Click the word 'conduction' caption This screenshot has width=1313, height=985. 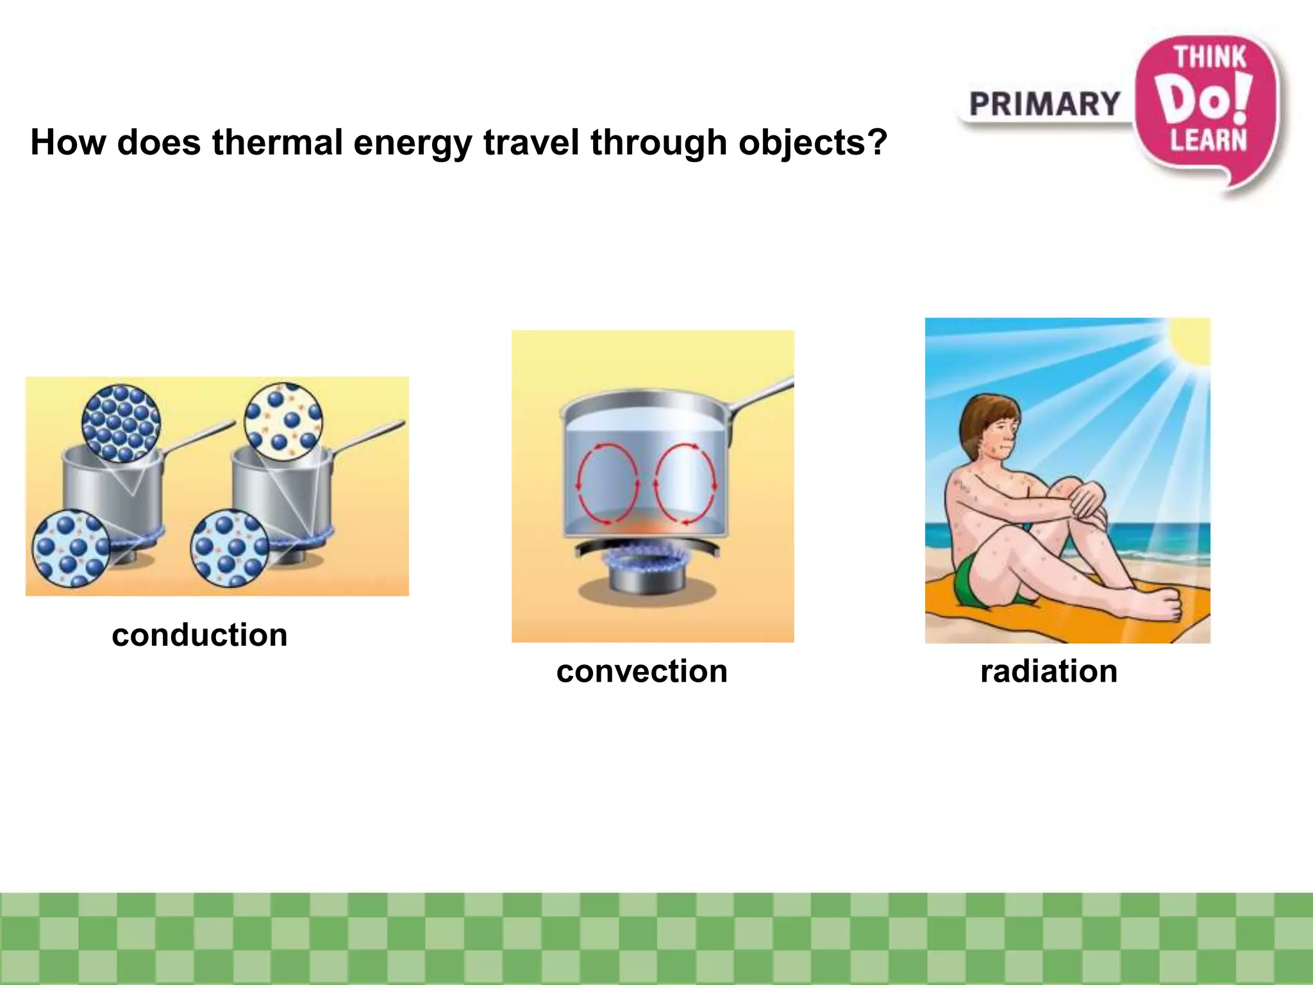coord(199,636)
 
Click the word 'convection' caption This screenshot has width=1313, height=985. coord(642,671)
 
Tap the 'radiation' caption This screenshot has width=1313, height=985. coord(1049,671)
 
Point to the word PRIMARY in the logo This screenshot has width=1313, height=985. coord(1044,105)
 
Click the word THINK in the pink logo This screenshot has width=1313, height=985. coord(1210,57)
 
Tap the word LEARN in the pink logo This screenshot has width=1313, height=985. coord(1208,140)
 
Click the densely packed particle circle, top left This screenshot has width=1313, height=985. coord(121,423)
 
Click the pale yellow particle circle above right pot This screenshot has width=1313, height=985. coord(284,421)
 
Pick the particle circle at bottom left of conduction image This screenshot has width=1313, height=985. coord(71,549)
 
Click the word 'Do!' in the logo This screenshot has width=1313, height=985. coord(1205,99)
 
